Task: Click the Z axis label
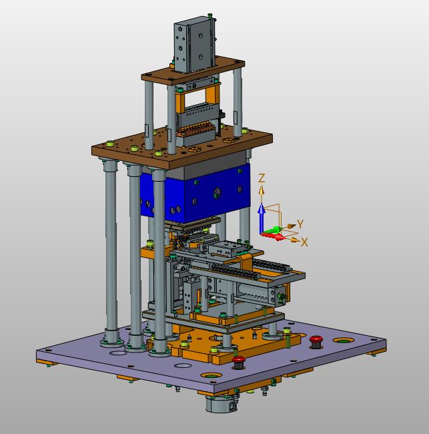(262, 178)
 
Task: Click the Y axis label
(300, 224)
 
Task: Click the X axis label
(304, 242)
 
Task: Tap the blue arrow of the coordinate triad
(262, 219)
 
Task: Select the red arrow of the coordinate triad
(274, 236)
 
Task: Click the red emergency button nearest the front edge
(238, 363)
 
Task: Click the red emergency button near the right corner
(316, 342)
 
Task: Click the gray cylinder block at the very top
(194, 45)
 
